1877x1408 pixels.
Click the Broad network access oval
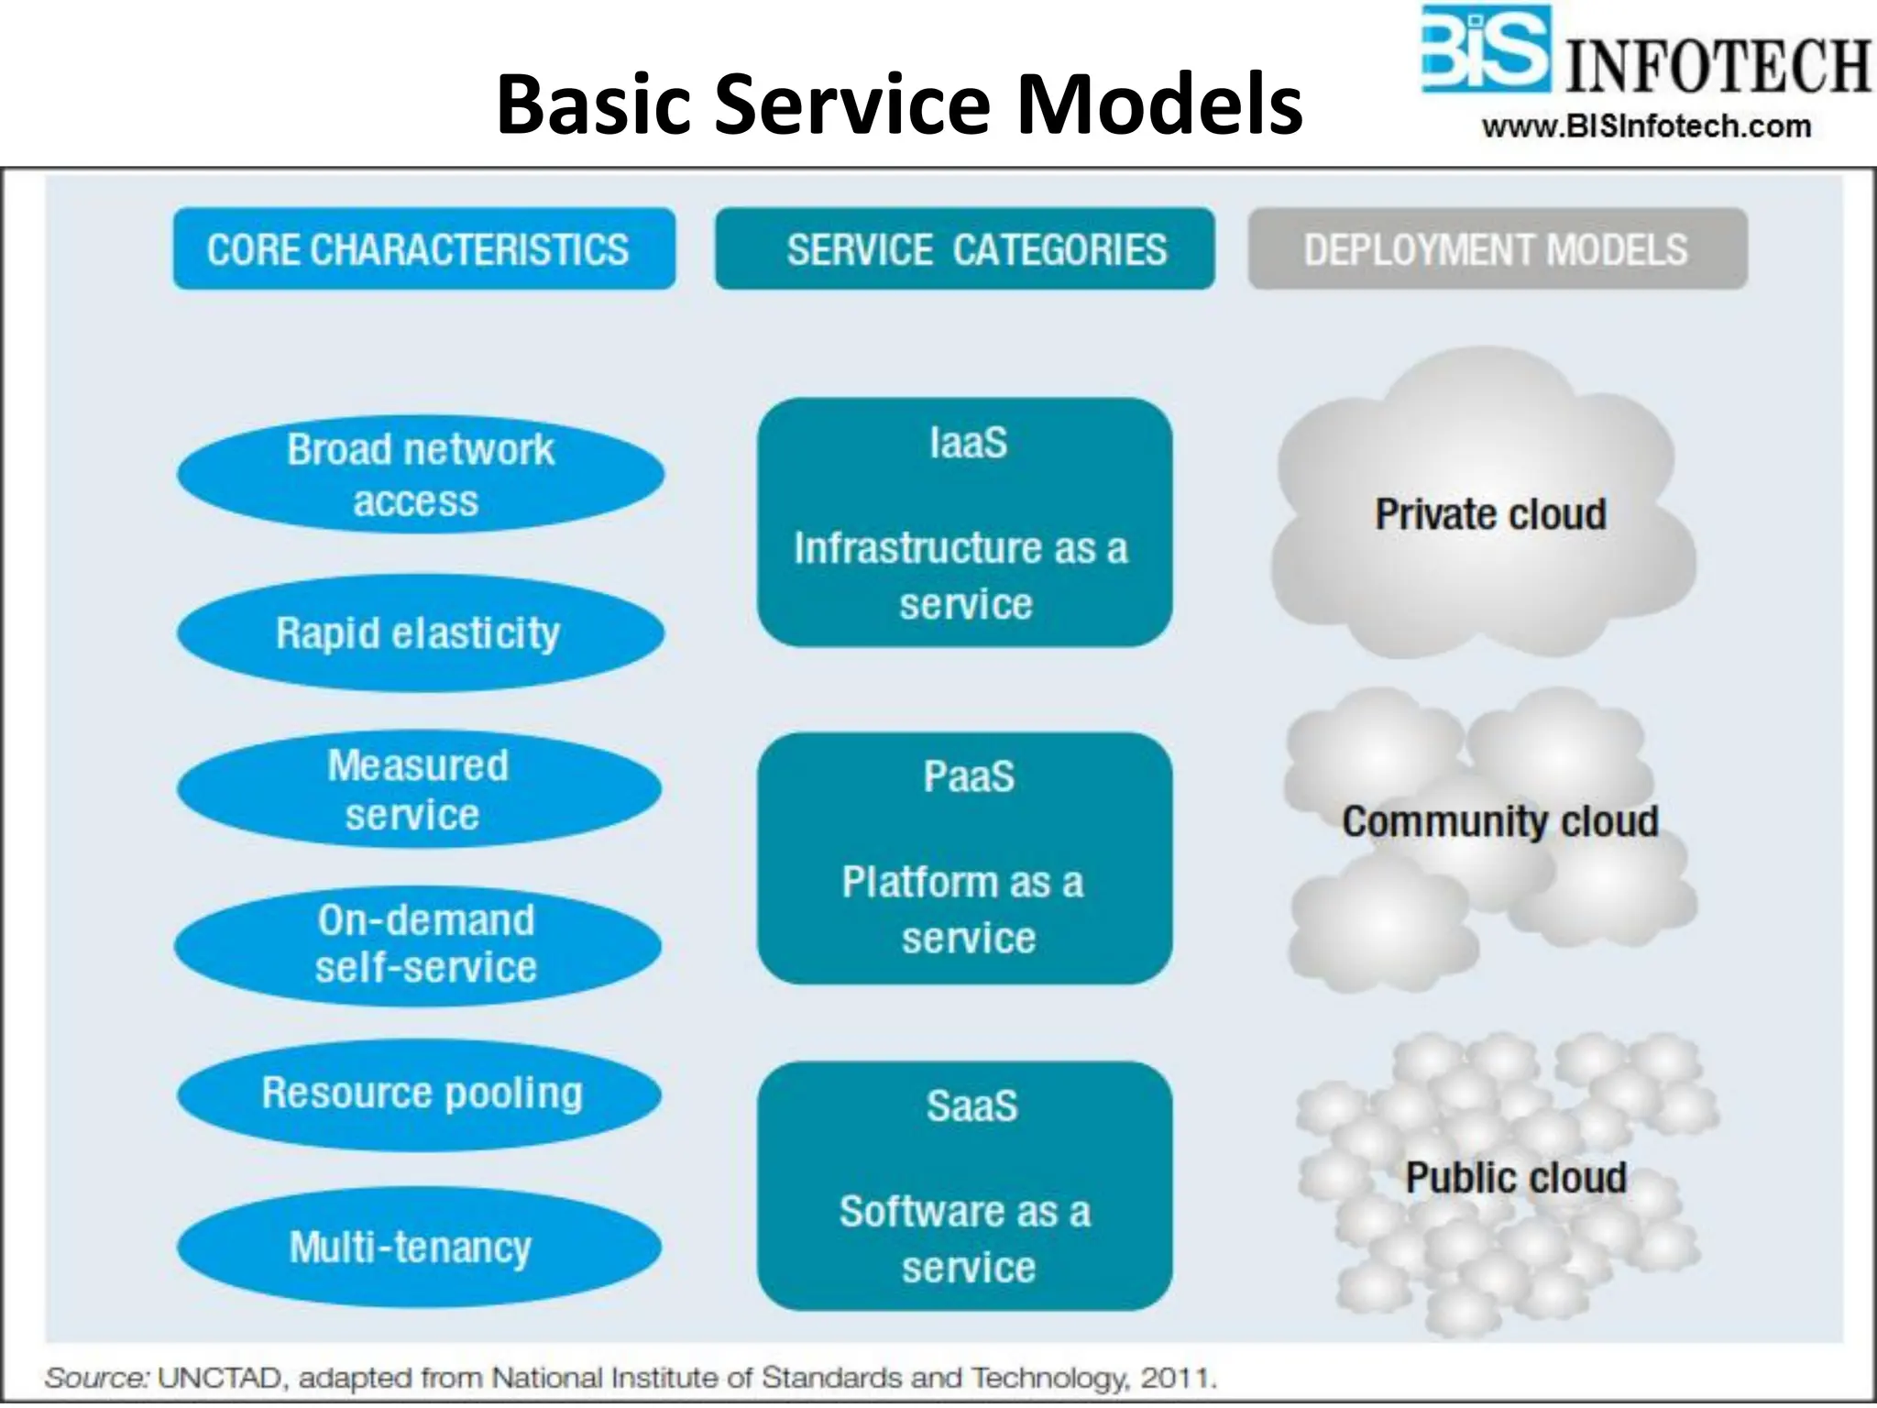[x=420, y=475]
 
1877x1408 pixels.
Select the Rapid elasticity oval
[x=420, y=632]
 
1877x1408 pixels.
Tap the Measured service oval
[x=419, y=789]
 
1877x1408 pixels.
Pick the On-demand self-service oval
[x=418, y=944]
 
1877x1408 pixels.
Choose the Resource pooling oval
[x=420, y=1094]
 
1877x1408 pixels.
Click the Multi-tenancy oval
[x=419, y=1247]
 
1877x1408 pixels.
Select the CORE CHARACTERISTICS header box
[x=423, y=249]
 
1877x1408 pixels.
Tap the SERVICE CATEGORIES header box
[x=964, y=249]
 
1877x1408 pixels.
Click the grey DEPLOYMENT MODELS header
[x=1497, y=249]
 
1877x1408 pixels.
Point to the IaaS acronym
[x=968, y=444]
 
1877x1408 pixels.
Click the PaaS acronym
[x=968, y=777]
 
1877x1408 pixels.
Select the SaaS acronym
[x=971, y=1106]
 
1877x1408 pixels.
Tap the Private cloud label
[x=1490, y=514]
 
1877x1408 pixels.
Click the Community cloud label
[x=1499, y=821]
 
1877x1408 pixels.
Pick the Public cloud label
[x=1516, y=1178]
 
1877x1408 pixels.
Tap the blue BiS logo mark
[x=1485, y=50]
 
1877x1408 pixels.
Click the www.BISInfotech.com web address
[x=1646, y=126]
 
